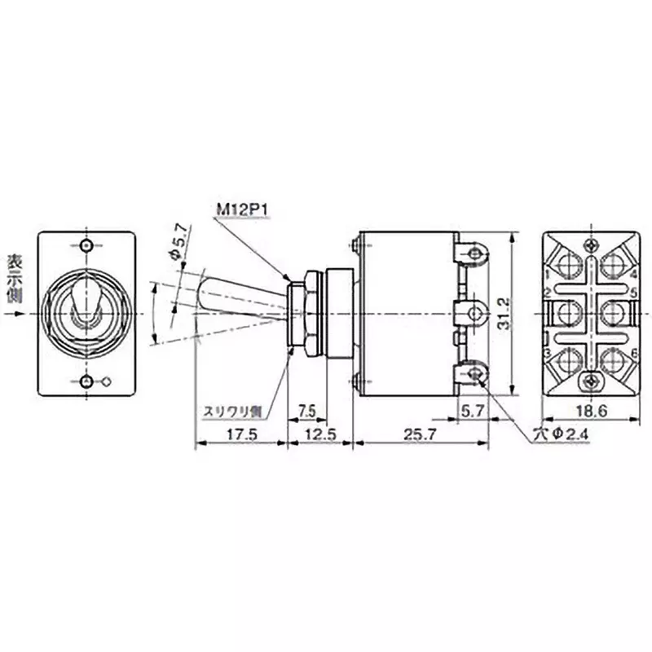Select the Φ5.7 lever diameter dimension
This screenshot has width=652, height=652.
(180, 244)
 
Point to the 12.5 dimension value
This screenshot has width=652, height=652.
(320, 434)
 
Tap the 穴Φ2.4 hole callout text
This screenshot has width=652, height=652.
(561, 434)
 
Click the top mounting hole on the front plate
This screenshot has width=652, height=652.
(88, 245)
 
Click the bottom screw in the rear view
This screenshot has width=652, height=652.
(591, 381)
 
